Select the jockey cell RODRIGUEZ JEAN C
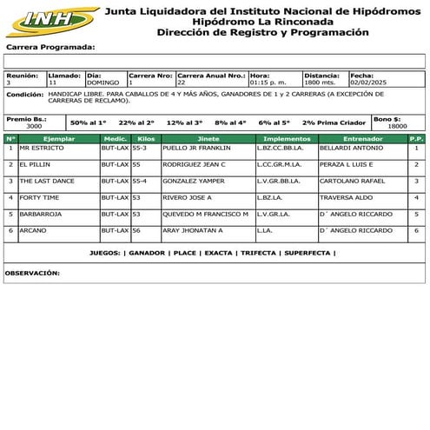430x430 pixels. coord(193,164)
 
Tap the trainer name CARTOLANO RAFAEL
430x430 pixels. coord(351,181)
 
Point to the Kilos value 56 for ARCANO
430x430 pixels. coord(136,230)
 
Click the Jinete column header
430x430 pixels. coord(208,138)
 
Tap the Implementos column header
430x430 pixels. coord(286,138)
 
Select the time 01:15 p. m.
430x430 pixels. coord(267,83)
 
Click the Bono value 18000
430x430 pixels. coord(397,126)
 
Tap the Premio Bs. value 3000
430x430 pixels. coord(34,126)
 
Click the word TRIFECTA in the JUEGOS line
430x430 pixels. coord(258,253)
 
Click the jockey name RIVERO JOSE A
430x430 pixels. coord(189,197)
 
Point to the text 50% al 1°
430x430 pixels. coord(88,122)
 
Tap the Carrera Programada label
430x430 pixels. coord(50,47)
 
